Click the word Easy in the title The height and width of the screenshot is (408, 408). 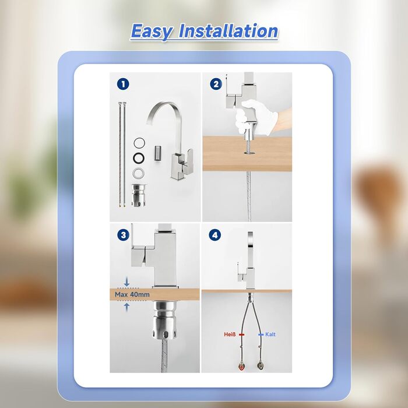point(151,31)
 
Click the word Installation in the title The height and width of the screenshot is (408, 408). point(228,31)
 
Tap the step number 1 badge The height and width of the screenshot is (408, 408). point(123,85)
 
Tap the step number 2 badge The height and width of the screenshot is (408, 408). point(216,84)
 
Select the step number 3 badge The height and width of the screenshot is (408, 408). point(123,235)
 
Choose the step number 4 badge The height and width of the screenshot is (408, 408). point(215,235)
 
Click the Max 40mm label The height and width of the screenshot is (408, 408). point(132,294)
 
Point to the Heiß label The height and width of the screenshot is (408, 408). point(230,335)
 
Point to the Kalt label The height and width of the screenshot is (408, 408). point(270,335)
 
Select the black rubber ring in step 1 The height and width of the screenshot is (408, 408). point(139,158)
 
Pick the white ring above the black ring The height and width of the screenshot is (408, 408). point(139,143)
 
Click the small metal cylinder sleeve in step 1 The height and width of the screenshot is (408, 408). point(157,153)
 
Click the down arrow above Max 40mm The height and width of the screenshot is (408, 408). point(126,282)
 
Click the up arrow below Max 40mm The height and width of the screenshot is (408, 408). point(126,307)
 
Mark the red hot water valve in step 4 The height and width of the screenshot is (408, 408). point(242,366)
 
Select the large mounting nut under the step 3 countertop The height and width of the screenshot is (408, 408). point(165,320)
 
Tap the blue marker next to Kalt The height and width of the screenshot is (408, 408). point(261,335)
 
